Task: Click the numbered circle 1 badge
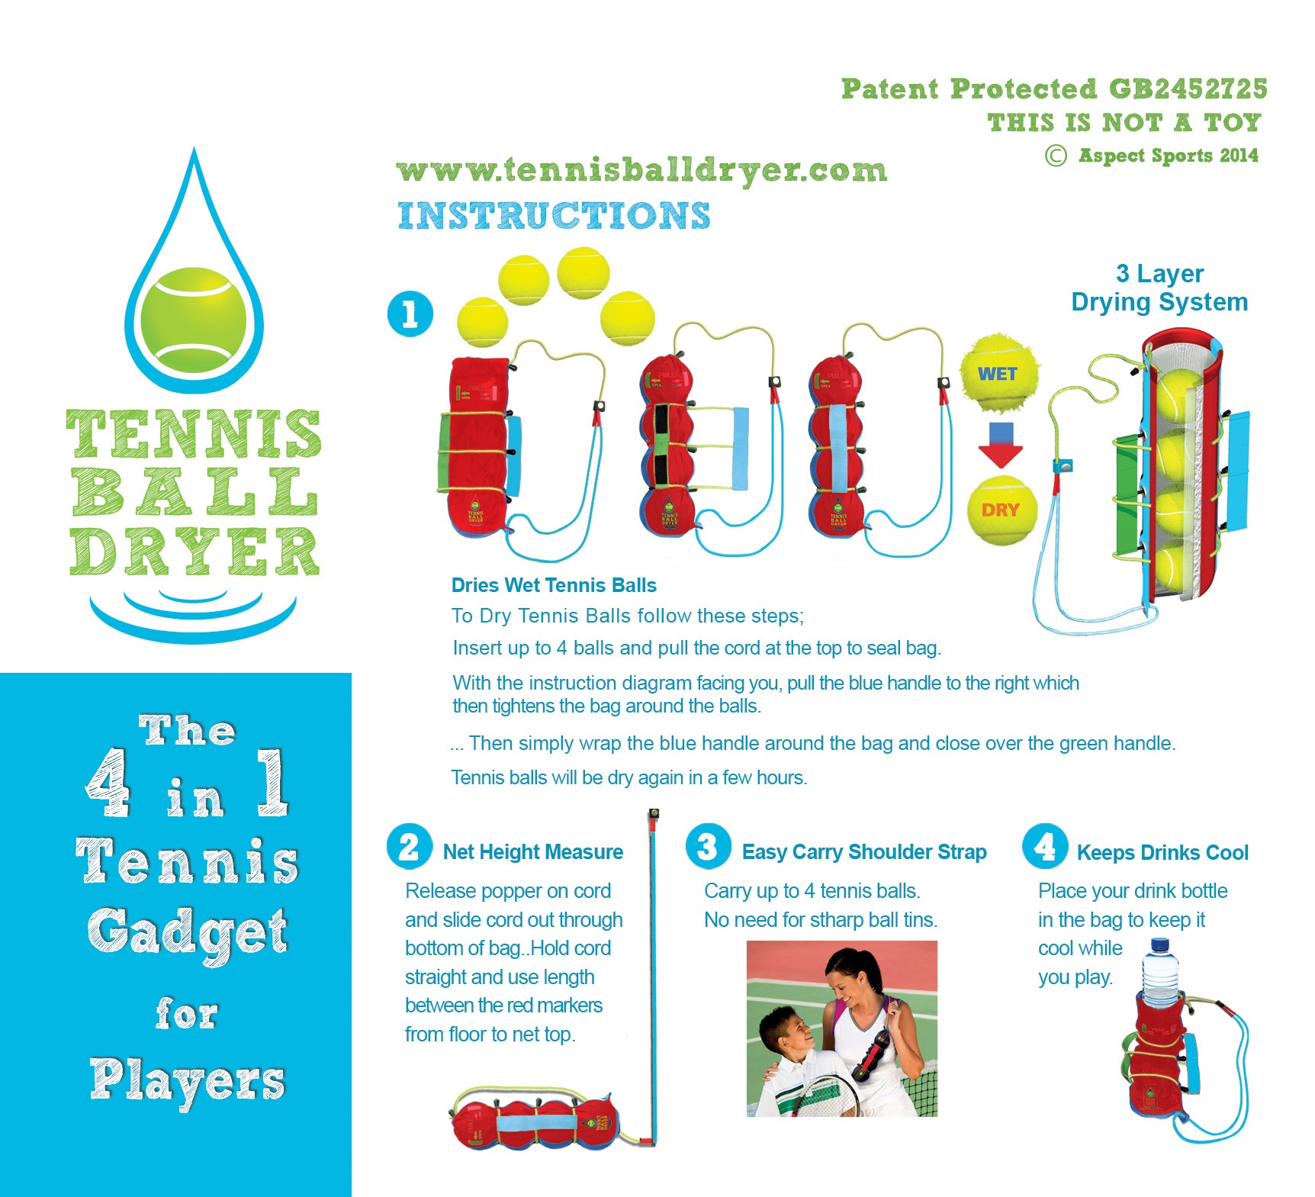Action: tap(410, 314)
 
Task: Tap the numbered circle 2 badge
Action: tap(409, 847)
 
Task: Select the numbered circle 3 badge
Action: tap(708, 846)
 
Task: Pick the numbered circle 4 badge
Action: tap(1045, 846)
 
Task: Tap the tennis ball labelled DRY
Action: tap(1001, 510)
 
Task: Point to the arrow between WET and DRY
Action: tap(1001, 445)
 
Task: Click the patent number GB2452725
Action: tap(1188, 88)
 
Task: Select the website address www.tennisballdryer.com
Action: tap(641, 171)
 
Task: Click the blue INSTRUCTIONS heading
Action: tap(554, 215)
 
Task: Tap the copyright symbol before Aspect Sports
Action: tap(1056, 156)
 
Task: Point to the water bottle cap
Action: tap(1159, 944)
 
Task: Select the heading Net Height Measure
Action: tap(533, 851)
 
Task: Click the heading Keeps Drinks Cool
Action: tap(1162, 852)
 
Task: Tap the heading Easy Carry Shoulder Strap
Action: tap(864, 851)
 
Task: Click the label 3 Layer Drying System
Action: tap(1159, 288)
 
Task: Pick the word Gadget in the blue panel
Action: tap(188, 933)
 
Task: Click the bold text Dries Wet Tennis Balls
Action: tap(554, 585)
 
